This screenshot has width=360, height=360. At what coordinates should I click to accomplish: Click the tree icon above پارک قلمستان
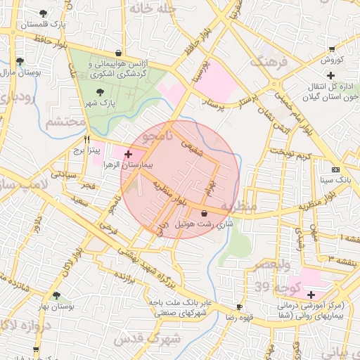[44, 13]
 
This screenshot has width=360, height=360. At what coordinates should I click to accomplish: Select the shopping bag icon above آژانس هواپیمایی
[117, 53]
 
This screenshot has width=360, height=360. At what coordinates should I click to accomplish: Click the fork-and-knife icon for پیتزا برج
[86, 139]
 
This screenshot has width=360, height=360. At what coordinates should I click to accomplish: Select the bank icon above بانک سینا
[335, 169]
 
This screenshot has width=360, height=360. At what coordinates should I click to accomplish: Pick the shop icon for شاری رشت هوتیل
[204, 213]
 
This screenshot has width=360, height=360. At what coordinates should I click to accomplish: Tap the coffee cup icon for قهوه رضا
[239, 307]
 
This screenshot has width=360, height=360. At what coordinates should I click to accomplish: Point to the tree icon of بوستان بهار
[56, 295]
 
